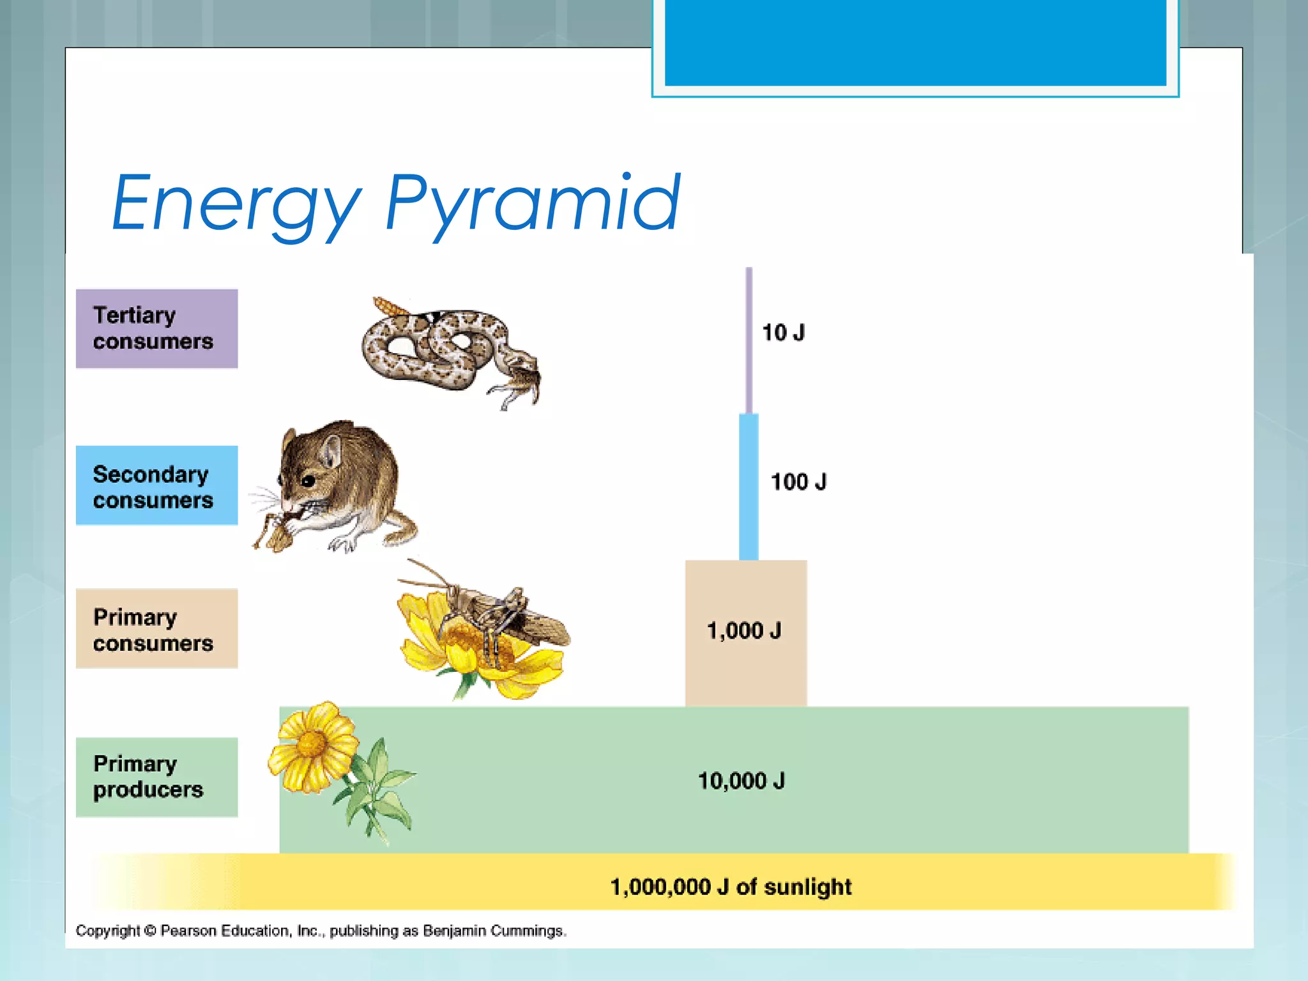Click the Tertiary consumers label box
[x=156, y=328]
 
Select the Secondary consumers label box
[x=156, y=485]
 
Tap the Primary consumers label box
[x=156, y=628]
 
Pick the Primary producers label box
[x=156, y=777]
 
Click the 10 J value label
[x=783, y=333]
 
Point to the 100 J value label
[x=798, y=482]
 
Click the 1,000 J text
[x=744, y=631]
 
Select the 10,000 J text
[x=741, y=780]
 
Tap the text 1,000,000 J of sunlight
[x=731, y=886]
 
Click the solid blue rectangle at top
[x=915, y=42]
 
